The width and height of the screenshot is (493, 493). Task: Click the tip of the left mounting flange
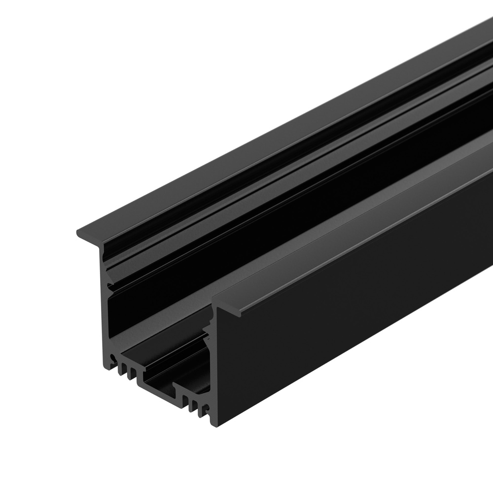coord(79,232)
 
